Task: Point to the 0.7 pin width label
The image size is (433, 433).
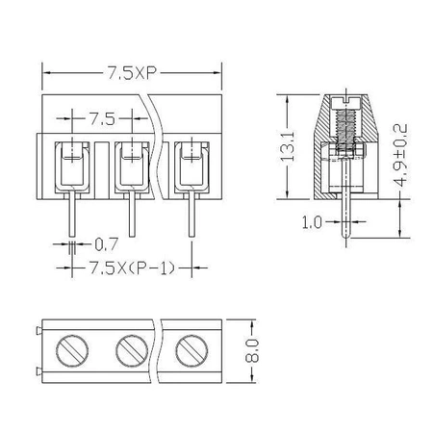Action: tap(106, 244)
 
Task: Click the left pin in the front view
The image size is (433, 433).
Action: tap(71, 214)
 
